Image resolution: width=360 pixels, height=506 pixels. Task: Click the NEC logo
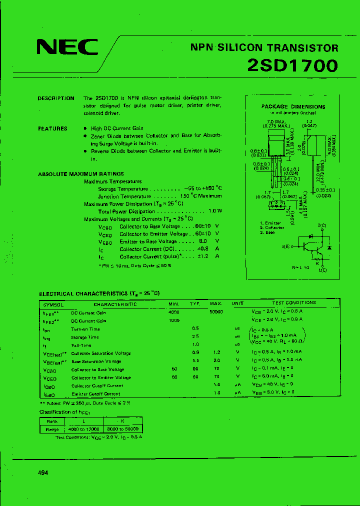(67, 47)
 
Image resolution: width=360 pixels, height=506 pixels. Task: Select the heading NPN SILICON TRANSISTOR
(264, 48)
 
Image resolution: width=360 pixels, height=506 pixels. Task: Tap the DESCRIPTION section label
(56, 98)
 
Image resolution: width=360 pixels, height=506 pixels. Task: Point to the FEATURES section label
(52, 128)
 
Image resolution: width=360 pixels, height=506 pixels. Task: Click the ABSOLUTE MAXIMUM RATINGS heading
(74, 174)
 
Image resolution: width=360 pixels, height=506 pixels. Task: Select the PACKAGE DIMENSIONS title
(293, 106)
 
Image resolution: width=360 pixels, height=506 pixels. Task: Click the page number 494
(43, 472)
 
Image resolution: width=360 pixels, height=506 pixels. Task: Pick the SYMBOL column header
(53, 304)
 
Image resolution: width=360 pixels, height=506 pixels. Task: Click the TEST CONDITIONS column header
(294, 303)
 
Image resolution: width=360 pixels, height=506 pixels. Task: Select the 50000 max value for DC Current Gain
(216, 311)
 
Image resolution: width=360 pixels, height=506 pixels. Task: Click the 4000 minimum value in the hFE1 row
(174, 311)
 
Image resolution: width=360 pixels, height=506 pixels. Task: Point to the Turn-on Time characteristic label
(85, 329)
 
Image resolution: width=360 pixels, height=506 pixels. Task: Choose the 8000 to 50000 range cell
(122, 429)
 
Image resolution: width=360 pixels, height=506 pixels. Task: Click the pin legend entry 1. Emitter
(270, 223)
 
